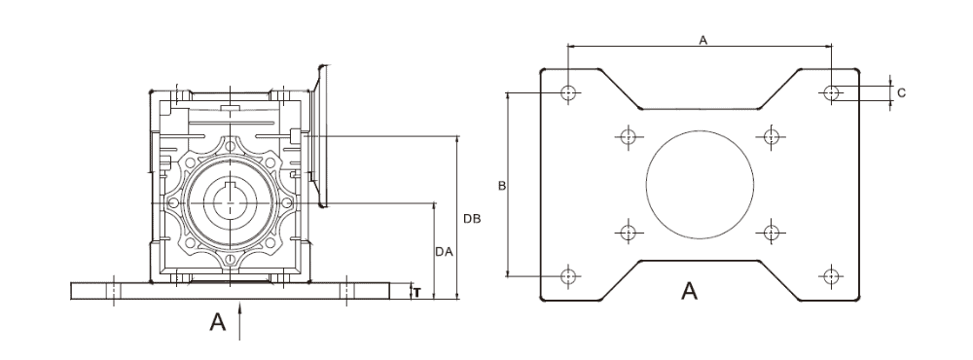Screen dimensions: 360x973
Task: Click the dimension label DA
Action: [x=443, y=251]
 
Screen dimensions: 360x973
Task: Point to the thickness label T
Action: [x=416, y=291]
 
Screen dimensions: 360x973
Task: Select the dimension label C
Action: [x=901, y=93]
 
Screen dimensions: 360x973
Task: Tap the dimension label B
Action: [x=500, y=185]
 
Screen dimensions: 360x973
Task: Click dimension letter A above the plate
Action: [x=703, y=38]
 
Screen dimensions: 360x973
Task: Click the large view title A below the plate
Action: [x=689, y=290]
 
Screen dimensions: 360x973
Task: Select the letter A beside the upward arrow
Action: [x=219, y=322]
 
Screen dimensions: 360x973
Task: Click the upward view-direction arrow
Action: [x=240, y=319]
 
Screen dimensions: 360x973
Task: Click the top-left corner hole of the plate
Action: [x=569, y=93]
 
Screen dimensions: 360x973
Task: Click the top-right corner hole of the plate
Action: [x=831, y=93]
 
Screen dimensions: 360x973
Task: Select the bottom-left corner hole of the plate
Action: [x=569, y=275]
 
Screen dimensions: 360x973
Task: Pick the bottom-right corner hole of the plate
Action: [x=831, y=275]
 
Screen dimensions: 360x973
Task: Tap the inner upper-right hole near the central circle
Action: [x=771, y=135]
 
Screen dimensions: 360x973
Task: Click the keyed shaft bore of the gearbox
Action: [x=231, y=202]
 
